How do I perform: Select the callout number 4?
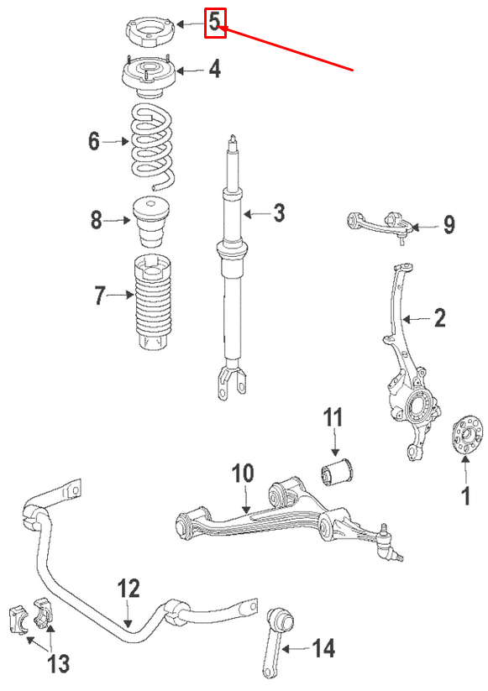(x=215, y=69)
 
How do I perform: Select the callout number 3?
(x=278, y=213)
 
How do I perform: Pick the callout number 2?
(x=438, y=318)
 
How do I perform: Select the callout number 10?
(x=242, y=474)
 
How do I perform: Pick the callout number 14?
(x=323, y=648)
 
